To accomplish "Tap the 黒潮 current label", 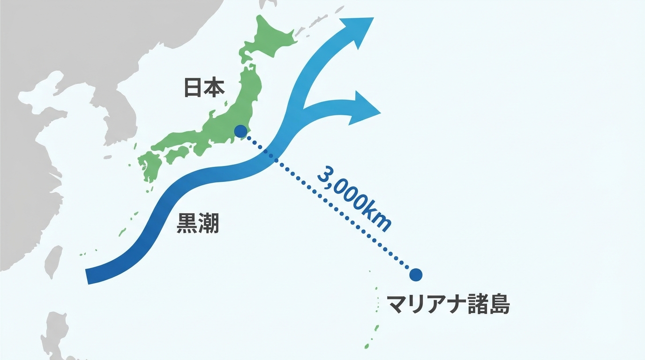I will coord(197,224).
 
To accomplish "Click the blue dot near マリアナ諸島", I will coord(415,275).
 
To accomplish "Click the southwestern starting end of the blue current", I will coord(89,277).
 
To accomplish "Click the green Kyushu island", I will coord(149,166).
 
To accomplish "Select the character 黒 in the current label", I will coord(187,224).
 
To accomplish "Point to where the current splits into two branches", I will coord(300,105).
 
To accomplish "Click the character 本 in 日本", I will coord(214,88).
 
